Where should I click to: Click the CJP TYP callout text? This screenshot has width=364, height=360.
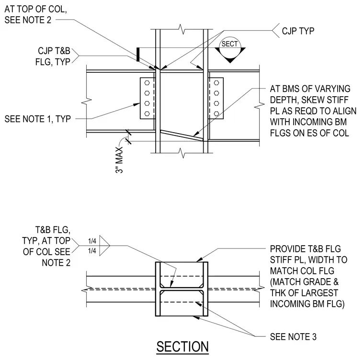pyautogui.click(x=298, y=31)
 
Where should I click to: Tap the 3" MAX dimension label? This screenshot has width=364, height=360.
pyautogui.click(x=119, y=160)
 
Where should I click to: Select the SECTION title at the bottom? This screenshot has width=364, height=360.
pyautogui.click(x=182, y=347)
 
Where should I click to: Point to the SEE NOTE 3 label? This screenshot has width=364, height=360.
pyautogui.click(x=293, y=337)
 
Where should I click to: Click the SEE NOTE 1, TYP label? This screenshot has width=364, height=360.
pyautogui.click(x=38, y=119)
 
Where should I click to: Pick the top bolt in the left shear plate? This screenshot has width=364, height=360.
pyautogui.click(x=147, y=83)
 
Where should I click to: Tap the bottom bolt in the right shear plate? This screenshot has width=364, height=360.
pyautogui.click(x=216, y=114)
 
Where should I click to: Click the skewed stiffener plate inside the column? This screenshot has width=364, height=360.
pyautogui.click(x=182, y=135)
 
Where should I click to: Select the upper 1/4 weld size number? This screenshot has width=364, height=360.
pyautogui.click(x=92, y=241)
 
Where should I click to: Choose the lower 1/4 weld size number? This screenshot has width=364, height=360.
pyautogui.click(x=92, y=251)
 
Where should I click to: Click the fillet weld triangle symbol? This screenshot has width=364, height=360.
pyautogui.click(x=104, y=246)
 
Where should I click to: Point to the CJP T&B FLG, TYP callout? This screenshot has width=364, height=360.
pyautogui.click(x=53, y=56)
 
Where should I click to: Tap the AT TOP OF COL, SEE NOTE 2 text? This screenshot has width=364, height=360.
pyautogui.click(x=36, y=14)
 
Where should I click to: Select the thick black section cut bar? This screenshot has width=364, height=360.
pyautogui.click(x=138, y=55)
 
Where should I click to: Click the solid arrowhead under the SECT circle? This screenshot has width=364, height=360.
pyautogui.click(x=230, y=61)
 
